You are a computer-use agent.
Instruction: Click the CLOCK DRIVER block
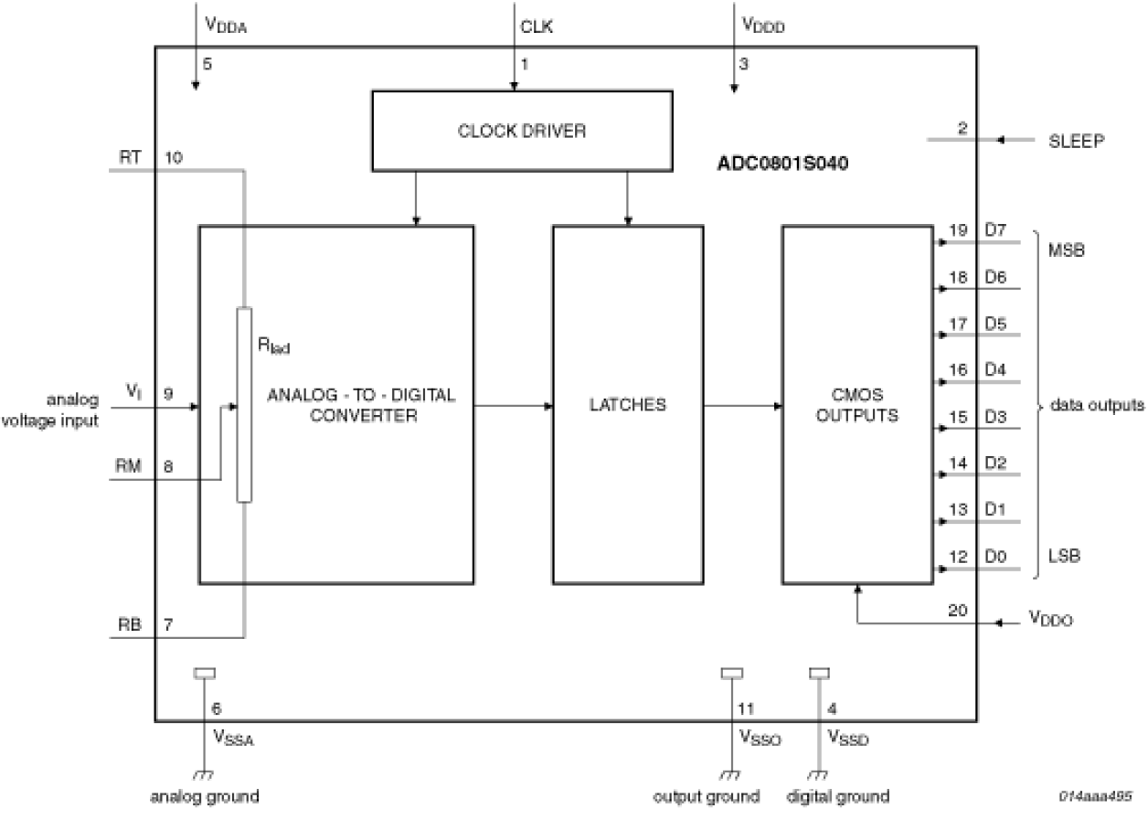click(522, 131)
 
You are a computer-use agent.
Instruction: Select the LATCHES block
click(627, 404)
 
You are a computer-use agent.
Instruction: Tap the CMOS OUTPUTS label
click(856, 405)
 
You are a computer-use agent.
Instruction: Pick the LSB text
click(1066, 556)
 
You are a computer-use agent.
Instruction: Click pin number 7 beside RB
click(168, 623)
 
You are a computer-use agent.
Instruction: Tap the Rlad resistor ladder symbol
click(243, 405)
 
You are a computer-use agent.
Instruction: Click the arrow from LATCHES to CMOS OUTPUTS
click(741, 405)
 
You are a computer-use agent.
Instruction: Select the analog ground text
click(204, 795)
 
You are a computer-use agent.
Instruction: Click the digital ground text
click(837, 795)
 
